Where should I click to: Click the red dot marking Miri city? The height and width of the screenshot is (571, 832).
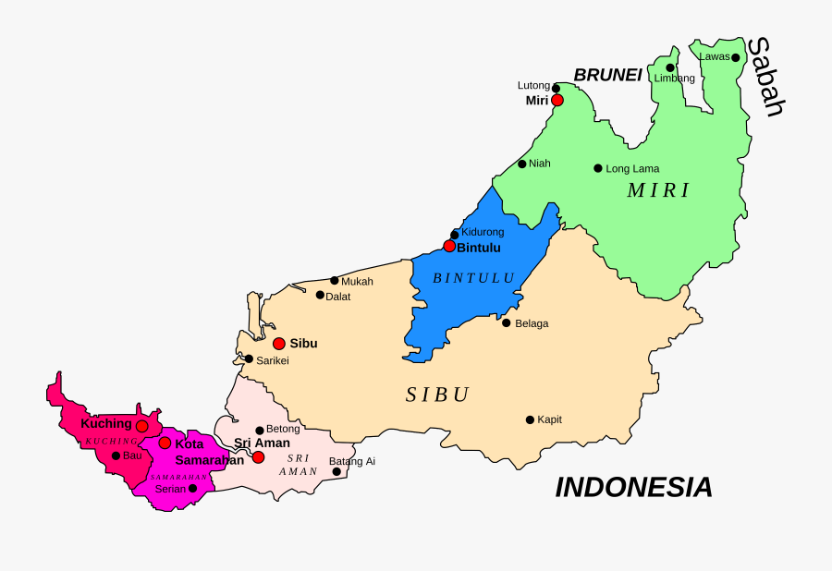557,100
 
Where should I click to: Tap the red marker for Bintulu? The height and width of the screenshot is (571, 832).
449,246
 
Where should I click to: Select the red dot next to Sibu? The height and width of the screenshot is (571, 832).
278,344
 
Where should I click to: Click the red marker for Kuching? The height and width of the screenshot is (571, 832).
141,426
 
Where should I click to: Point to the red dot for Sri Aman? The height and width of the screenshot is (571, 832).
258,457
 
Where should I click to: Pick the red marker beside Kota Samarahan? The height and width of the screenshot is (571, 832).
165,443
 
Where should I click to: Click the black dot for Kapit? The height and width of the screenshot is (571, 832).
530,419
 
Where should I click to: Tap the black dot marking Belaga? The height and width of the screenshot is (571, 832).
506,322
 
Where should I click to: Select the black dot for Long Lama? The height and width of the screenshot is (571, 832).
597,168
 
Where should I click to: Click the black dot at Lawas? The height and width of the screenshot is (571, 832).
735,57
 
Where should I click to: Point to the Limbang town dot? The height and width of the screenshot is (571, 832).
670,67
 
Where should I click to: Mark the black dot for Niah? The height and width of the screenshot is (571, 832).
521,164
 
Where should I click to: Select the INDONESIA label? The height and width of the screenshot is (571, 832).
633,487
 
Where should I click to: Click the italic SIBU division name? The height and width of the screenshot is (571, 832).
437,395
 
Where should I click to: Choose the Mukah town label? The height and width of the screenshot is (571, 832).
357,281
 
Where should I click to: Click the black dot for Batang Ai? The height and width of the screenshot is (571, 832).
336,471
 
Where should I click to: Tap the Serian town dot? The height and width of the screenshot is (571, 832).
192,488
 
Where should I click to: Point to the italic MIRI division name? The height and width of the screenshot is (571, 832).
658,191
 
